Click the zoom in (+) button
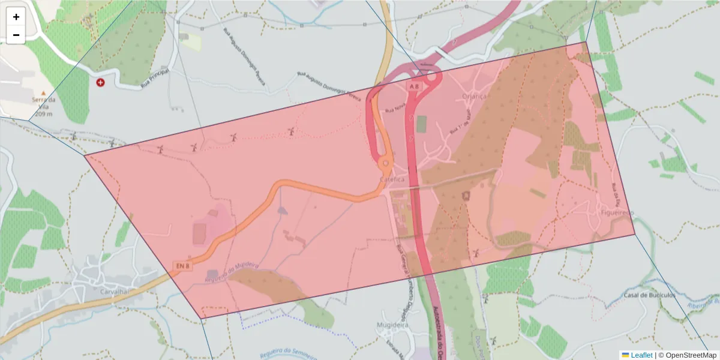coord(16,17)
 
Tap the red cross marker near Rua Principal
coord(100,82)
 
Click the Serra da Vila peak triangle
coord(43,93)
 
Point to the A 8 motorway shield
coord(413,87)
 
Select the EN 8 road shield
coord(183,265)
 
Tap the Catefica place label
coord(392,179)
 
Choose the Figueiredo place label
coord(617,213)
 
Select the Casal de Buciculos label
coord(650,295)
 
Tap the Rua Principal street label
coord(155,79)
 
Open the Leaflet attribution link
coord(641,355)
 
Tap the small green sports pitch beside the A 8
coord(421,124)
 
